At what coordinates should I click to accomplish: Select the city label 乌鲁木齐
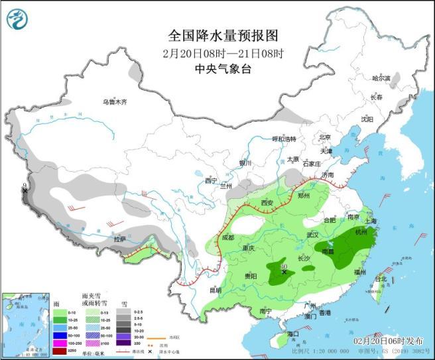pos(114,102)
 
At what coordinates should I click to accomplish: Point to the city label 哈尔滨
pos(381,78)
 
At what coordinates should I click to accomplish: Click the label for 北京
pos(324,137)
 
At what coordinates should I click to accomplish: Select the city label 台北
pos(380,279)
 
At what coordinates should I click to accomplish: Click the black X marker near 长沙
pos(284,272)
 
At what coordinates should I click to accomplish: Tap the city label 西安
pos(267,202)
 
